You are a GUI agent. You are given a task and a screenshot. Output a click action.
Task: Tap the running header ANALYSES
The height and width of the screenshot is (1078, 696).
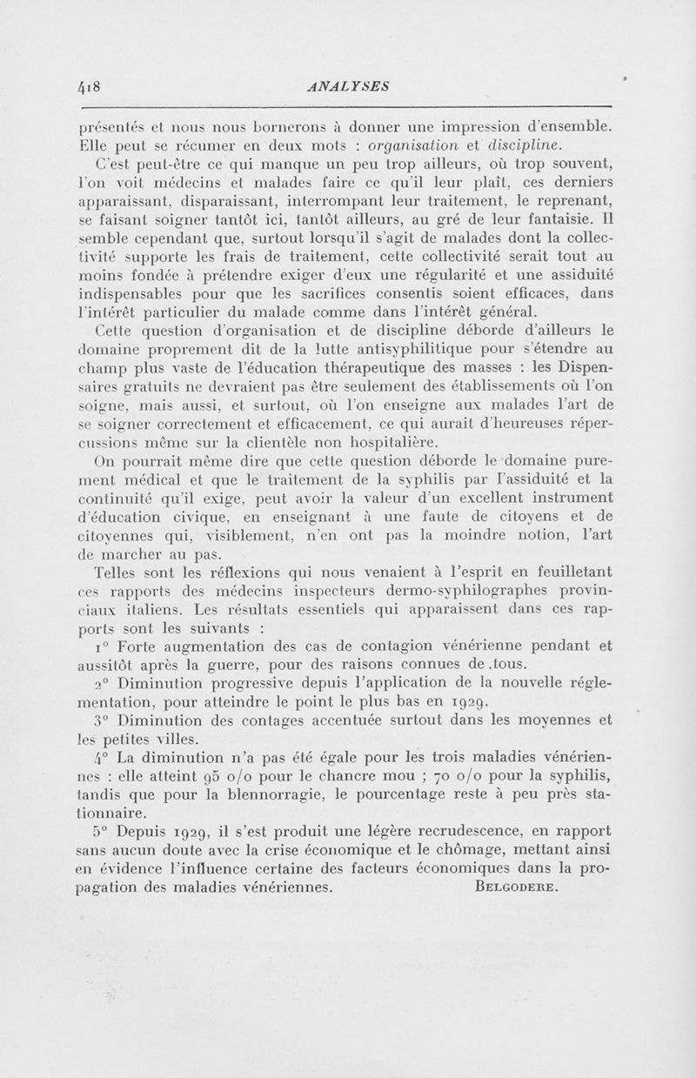point(348,86)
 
